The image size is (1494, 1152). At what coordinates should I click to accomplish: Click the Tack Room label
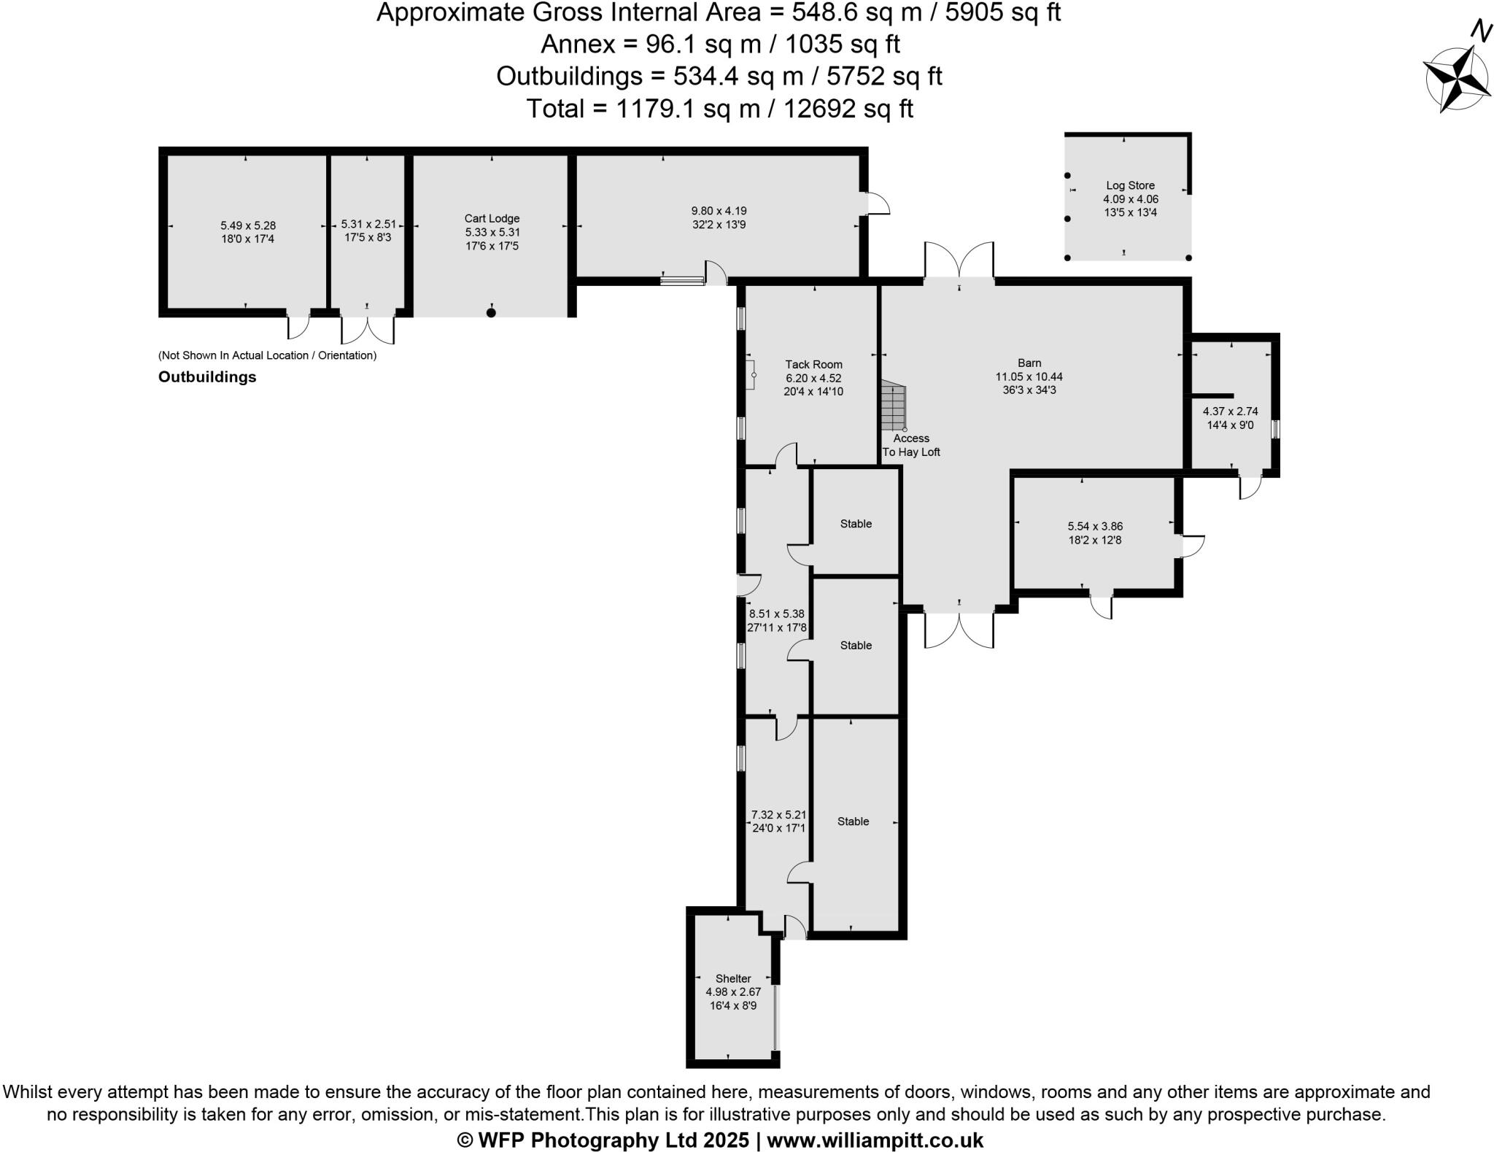click(813, 364)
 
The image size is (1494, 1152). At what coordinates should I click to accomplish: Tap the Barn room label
click(1029, 363)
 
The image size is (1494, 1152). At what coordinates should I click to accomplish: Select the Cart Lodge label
click(492, 218)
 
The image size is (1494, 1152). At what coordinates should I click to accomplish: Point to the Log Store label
click(1130, 185)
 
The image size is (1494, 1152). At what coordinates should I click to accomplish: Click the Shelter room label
click(733, 978)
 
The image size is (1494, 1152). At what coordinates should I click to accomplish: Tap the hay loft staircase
click(893, 406)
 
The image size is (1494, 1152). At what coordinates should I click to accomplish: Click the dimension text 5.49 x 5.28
click(248, 225)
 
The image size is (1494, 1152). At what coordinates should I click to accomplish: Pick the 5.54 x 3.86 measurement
click(1095, 526)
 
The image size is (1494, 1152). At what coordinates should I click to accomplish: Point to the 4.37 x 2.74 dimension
click(1230, 411)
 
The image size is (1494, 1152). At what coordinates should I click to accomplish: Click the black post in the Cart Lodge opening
click(491, 313)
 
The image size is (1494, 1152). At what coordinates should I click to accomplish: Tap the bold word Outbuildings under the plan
click(207, 377)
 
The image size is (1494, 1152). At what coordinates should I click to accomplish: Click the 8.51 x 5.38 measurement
click(776, 614)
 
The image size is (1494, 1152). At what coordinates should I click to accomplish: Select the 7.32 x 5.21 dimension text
click(778, 814)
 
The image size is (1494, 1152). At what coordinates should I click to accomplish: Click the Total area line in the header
click(719, 109)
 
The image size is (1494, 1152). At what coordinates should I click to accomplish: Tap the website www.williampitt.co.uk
click(875, 1140)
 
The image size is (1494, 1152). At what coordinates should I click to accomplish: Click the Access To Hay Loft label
click(911, 445)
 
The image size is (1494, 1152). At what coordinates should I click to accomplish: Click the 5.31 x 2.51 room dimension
click(368, 224)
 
